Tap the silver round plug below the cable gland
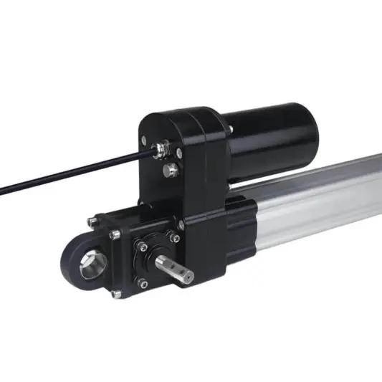click(x=170, y=170)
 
